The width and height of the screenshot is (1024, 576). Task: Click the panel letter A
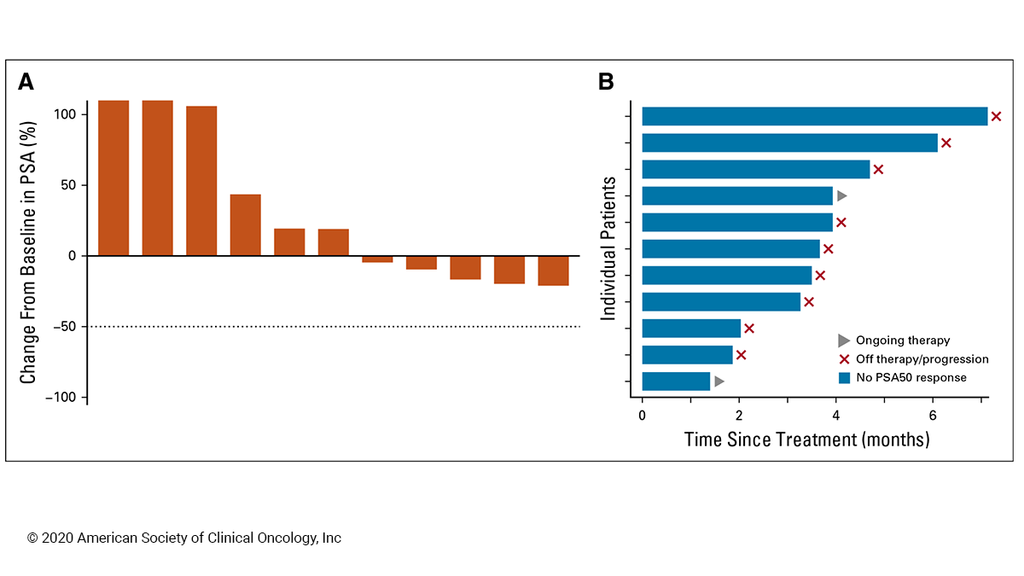[x=26, y=82]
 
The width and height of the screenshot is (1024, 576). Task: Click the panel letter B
[x=606, y=82]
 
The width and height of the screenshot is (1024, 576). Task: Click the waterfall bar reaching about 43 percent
[x=245, y=225]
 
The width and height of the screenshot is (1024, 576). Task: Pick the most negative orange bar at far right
[x=553, y=271]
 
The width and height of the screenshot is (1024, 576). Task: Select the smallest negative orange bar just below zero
[x=377, y=259]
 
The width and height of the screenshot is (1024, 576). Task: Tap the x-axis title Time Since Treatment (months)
[x=806, y=440]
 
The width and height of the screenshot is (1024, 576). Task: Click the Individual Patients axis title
[x=608, y=248]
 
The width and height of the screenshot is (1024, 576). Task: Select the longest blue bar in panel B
[x=814, y=116]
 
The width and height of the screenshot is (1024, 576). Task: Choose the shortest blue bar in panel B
[x=676, y=381]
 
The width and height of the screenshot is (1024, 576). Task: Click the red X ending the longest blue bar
[x=996, y=116]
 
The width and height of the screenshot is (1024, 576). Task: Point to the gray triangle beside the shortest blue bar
[x=719, y=381]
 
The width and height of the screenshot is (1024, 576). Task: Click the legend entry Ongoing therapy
[x=902, y=340]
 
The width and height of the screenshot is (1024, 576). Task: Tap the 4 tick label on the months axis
[x=835, y=416]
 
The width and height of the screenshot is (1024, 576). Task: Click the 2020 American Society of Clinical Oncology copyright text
[x=184, y=538]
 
